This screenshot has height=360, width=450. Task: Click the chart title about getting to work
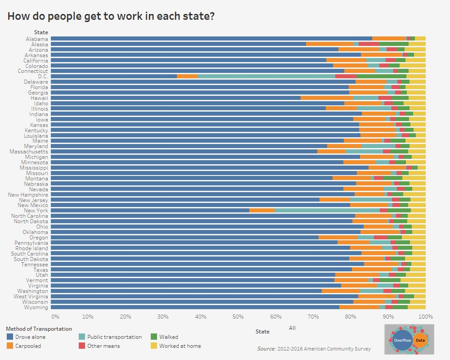pyautogui.click(x=111, y=17)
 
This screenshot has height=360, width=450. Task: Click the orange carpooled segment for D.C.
pyautogui.click(x=187, y=76)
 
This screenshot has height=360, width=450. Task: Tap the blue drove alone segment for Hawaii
pyautogui.click(x=175, y=98)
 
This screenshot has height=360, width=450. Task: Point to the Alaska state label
pyautogui.click(x=39, y=44)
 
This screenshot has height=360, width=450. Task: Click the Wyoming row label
pyautogui.click(x=36, y=307)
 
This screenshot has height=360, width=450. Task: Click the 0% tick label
pyautogui.click(x=55, y=316)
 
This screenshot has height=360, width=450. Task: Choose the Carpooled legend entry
pyautogui.click(x=28, y=346)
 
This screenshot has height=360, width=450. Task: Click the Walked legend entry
pyautogui.click(x=168, y=337)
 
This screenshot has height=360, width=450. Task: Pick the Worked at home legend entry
pyautogui.click(x=180, y=346)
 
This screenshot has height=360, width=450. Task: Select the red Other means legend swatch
pyautogui.click(x=82, y=346)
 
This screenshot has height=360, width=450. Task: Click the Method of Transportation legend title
pyautogui.click(x=39, y=329)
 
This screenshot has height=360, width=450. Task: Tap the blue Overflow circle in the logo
pyautogui.click(x=402, y=340)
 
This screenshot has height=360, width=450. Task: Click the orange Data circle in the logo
pyautogui.click(x=420, y=340)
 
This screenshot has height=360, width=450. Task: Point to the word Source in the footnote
pyautogui.click(x=266, y=349)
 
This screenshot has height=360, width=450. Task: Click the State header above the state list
pyautogui.click(x=41, y=32)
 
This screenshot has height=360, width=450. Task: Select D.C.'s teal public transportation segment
pyautogui.click(x=266, y=76)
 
